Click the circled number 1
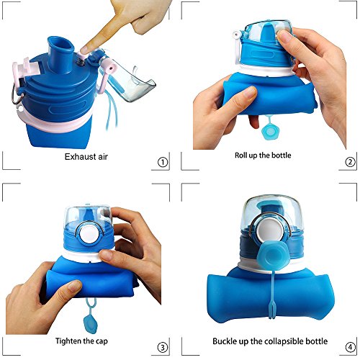click(163, 163)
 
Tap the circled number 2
click(350, 162)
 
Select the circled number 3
click(163, 348)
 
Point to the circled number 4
click(350, 347)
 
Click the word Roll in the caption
click(240, 156)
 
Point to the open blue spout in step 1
click(59, 54)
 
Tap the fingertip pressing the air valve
click(84, 50)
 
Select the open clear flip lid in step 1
click(128, 78)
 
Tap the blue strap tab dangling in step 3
click(91, 317)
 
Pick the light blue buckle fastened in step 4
click(271, 256)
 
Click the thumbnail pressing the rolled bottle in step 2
click(250, 91)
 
